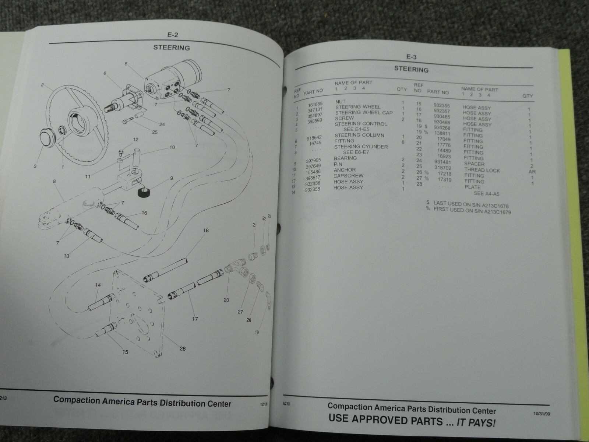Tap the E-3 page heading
[x=411, y=57]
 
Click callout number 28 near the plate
[x=183, y=348]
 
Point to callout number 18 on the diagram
[x=206, y=231]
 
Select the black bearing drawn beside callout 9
[x=143, y=192]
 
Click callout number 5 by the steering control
[x=126, y=64]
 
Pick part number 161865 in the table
[x=315, y=104]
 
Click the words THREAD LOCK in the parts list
[x=482, y=170]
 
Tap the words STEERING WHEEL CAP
[x=364, y=113]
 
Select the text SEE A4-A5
[x=487, y=194]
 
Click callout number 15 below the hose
[x=125, y=352]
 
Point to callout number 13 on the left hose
[x=67, y=256]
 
